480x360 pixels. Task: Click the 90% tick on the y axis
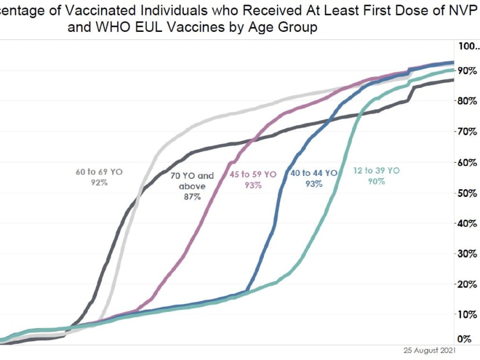[467, 71]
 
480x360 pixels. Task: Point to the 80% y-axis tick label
[467, 101]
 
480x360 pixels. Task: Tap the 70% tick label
[467, 131]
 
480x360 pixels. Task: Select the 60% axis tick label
[467, 162]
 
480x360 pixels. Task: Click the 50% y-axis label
[467, 193]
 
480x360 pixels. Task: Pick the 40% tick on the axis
[467, 223]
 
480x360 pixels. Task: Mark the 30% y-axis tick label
[467, 254]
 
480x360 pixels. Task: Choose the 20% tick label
[467, 284]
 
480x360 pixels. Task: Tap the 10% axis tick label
[467, 314]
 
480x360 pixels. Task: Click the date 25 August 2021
[429, 350]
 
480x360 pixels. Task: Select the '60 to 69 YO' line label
[99, 172]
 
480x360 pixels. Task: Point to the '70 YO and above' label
[193, 181]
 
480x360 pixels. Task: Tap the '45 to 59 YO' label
[253, 174]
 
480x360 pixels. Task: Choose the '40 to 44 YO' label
[313, 172]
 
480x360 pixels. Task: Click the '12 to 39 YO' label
[376, 171]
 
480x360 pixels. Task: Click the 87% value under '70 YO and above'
[193, 197]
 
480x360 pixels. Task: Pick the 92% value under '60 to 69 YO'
[99, 182]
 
